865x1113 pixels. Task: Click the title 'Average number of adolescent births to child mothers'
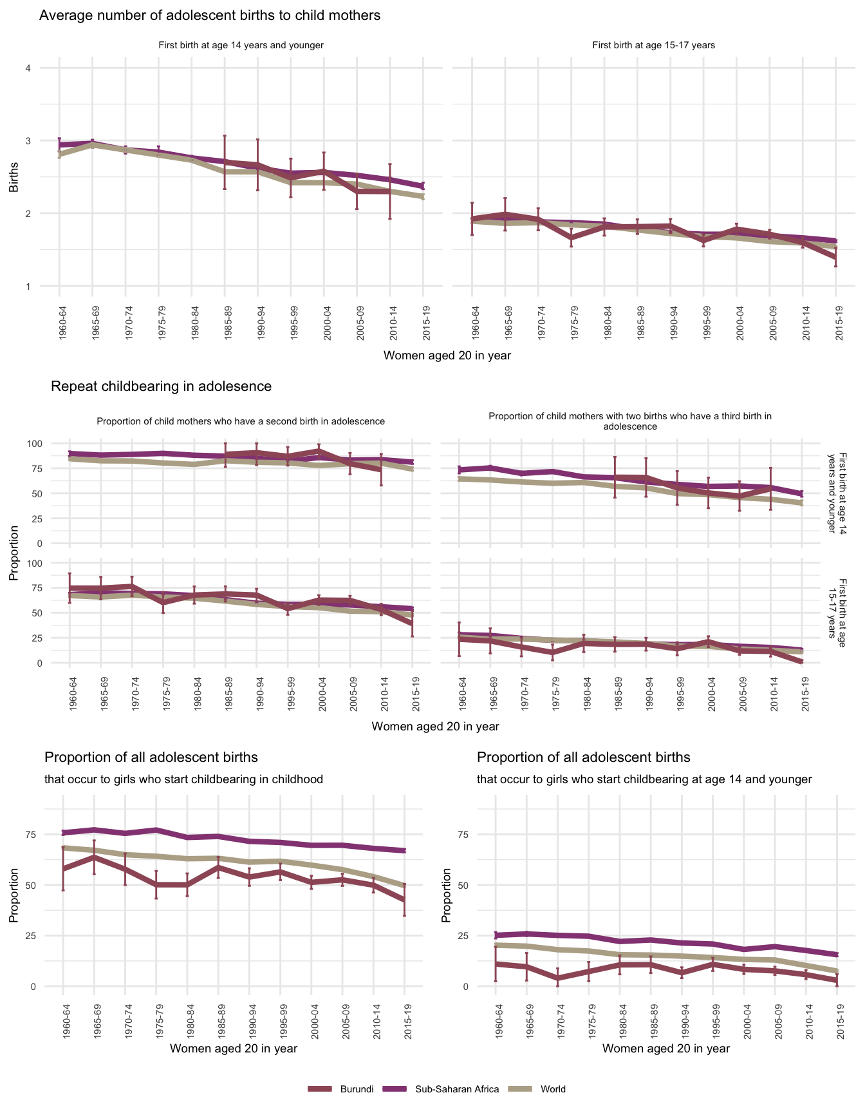pos(210,15)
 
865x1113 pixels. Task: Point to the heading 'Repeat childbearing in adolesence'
pos(161,386)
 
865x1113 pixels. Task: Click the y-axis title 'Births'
pos(14,177)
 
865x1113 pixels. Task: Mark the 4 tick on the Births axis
pos(28,68)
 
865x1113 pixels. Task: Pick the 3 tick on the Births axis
pos(28,141)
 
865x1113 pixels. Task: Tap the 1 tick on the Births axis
pos(28,286)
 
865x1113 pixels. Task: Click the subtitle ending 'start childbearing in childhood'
pos(183,779)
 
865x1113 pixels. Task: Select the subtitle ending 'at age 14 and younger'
pos(644,779)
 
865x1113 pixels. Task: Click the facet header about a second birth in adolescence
pos(241,421)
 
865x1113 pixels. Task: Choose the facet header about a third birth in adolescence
pos(630,421)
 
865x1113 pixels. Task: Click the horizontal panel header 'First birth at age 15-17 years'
pos(653,45)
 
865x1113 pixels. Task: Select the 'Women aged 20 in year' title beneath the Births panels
pos(447,356)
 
